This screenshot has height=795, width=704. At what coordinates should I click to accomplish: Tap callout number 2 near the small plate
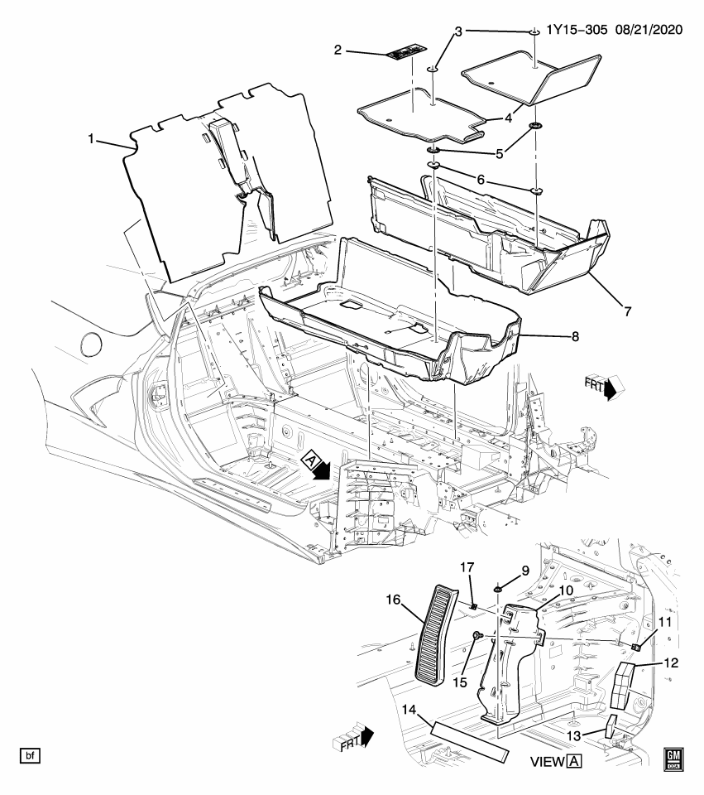pos(338,51)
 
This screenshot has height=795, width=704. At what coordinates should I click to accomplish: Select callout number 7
pos(627,311)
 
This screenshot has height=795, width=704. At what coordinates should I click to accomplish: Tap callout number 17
pos(467,568)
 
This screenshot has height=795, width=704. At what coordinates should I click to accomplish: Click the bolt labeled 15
pos(478,634)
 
